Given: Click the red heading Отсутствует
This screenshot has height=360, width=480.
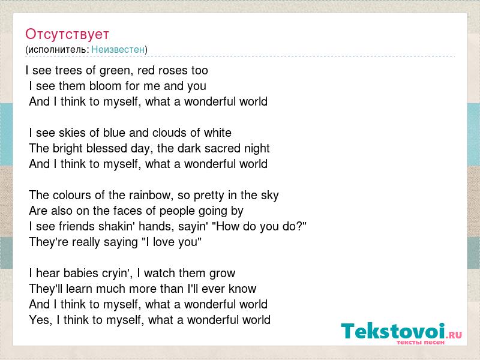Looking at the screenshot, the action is click(x=67, y=34).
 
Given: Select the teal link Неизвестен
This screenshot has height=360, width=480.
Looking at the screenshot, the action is click(x=118, y=49).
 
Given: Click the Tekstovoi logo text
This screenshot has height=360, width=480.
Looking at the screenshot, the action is click(x=393, y=331).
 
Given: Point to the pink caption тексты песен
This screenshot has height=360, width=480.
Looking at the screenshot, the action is click(x=421, y=342).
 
